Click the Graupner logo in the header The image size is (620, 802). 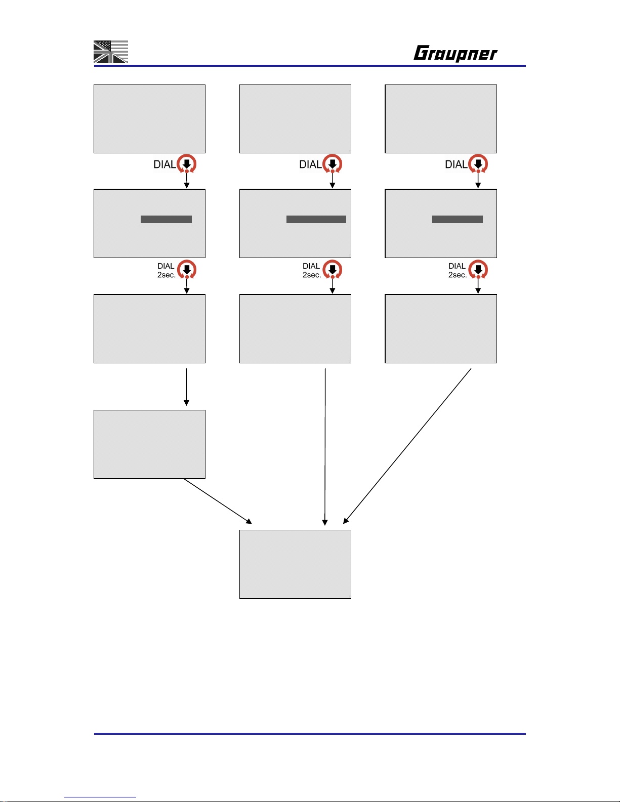pos(455,53)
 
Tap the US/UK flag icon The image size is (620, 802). pos(111,52)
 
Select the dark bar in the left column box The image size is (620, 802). pos(166,219)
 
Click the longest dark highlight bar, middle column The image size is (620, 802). pos(316,219)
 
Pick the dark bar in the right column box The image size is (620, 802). pos(457,219)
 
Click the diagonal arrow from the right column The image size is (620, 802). pos(407,446)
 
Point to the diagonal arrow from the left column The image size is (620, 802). pos(218,501)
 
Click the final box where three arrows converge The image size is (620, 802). pos(295,564)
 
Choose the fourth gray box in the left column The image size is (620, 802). pos(149,444)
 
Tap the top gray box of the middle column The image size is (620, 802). pos(295,119)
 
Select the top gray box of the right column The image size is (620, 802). pos(441,119)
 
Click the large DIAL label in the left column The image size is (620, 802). pos(164,164)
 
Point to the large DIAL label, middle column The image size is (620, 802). pos(310,164)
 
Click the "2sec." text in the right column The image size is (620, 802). pos(457,275)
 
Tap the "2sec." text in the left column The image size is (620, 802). pos(166,275)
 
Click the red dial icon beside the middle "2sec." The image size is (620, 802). pos(333,270)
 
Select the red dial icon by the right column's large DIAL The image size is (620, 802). pos(478,164)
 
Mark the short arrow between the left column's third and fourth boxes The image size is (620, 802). pos(186,387)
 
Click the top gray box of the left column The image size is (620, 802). pos(149,119)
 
